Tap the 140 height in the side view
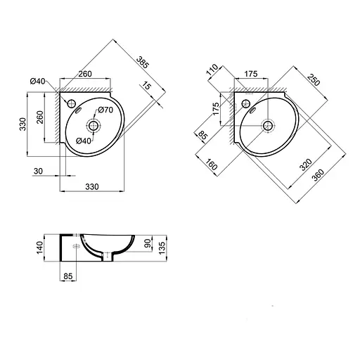pyautogui.click(x=41, y=247)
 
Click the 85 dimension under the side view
pyautogui.click(x=68, y=277)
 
